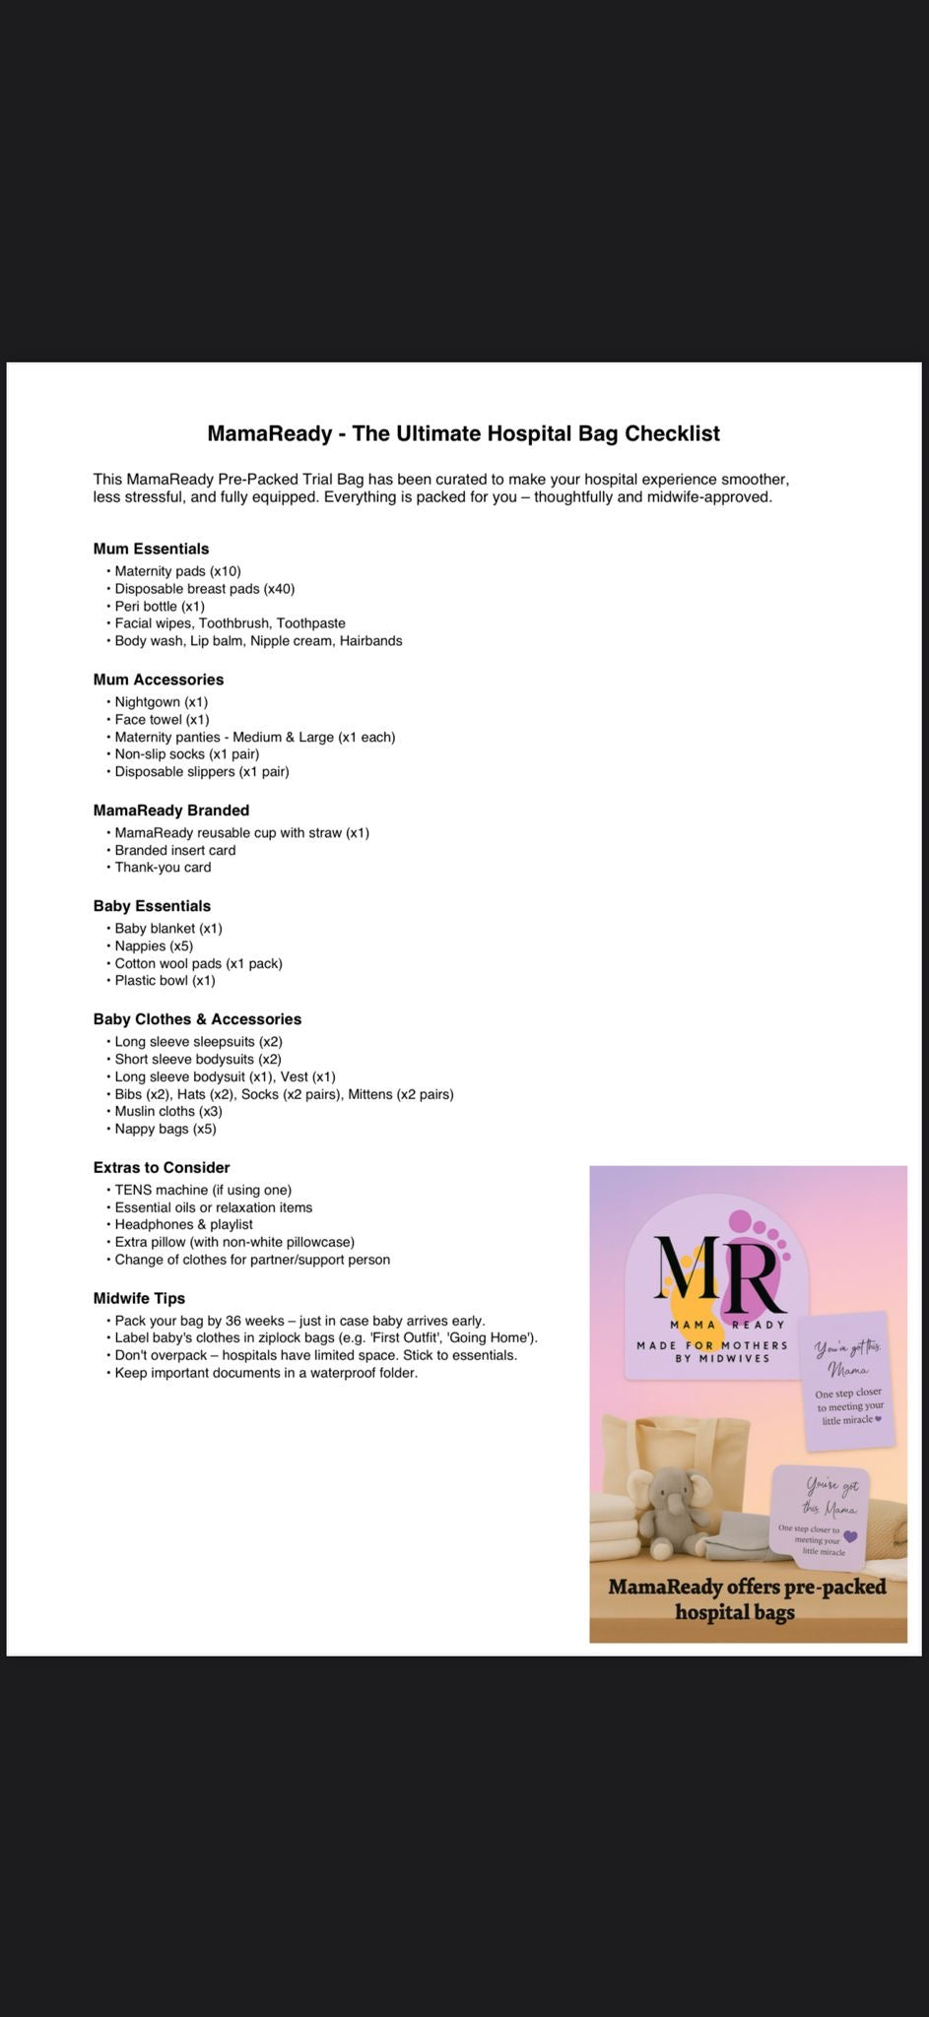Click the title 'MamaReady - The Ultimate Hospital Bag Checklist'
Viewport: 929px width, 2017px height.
pos(463,433)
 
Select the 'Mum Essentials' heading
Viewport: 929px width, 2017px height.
pos(151,549)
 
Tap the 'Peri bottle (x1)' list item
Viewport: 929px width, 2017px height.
pos(160,606)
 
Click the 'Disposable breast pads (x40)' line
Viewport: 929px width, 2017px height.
pos(204,589)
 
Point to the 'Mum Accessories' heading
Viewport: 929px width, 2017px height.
pos(158,680)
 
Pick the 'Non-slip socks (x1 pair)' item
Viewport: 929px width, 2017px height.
pos(186,754)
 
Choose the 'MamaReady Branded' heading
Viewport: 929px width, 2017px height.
pos(170,811)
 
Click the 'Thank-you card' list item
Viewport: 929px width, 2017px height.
pos(163,868)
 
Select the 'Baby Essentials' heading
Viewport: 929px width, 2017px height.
pos(152,906)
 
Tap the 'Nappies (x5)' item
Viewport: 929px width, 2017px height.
pos(154,946)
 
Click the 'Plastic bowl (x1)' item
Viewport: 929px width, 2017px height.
pos(165,981)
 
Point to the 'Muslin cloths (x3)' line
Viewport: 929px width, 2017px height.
pos(168,1112)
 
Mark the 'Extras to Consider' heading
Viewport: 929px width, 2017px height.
pos(161,1168)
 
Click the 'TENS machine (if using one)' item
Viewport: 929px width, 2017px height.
pos(203,1190)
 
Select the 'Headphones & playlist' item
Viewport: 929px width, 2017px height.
pos(183,1225)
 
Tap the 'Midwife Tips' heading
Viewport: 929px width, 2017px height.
pos(139,1299)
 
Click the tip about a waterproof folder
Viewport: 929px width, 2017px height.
pos(266,1373)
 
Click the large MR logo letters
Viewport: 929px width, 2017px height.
pos(718,1274)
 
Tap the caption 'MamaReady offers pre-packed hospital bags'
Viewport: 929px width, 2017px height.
pos(747,1598)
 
